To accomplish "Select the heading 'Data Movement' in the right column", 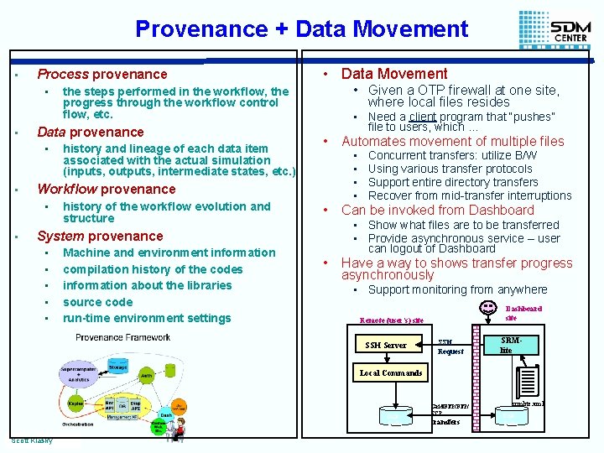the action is pyautogui.click(x=394, y=74).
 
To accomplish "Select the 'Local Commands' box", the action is pyautogui.click(x=391, y=372).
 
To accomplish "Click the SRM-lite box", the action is pyautogui.click(x=506, y=345).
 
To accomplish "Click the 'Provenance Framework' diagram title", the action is pyautogui.click(x=123, y=336).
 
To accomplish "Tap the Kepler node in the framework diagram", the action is pyautogui.click(x=75, y=404).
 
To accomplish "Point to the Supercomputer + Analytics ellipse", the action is pyautogui.click(x=77, y=374).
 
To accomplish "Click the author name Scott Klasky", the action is pyautogui.click(x=33, y=440).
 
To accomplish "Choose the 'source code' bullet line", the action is pyautogui.click(x=97, y=302).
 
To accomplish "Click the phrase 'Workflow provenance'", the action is pyautogui.click(x=107, y=189).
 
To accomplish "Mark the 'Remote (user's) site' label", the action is pyautogui.click(x=392, y=320).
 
